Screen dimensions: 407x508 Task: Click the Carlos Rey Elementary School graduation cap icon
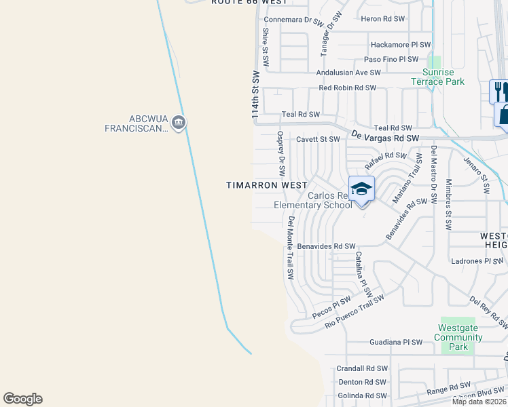[x=362, y=189]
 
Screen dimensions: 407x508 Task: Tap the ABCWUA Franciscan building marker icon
[x=179, y=123]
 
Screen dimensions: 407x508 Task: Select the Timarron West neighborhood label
[x=267, y=185]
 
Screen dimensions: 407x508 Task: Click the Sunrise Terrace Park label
[x=437, y=77]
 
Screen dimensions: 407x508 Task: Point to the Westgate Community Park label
[x=458, y=337]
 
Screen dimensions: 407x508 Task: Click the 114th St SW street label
[x=256, y=96]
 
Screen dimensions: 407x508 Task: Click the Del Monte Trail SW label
[x=290, y=248]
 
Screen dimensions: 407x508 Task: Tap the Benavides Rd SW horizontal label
[x=327, y=246]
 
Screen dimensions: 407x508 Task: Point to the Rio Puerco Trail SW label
[x=354, y=311]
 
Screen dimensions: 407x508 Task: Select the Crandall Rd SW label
[x=362, y=368]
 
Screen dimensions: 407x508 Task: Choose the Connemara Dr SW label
[x=292, y=20]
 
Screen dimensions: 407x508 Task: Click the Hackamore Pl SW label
[x=401, y=45]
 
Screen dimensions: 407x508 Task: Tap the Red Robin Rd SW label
[x=347, y=88]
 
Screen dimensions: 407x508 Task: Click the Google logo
[x=22, y=399]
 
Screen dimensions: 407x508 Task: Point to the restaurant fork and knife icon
[x=499, y=90]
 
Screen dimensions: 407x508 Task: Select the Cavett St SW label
[x=318, y=139]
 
